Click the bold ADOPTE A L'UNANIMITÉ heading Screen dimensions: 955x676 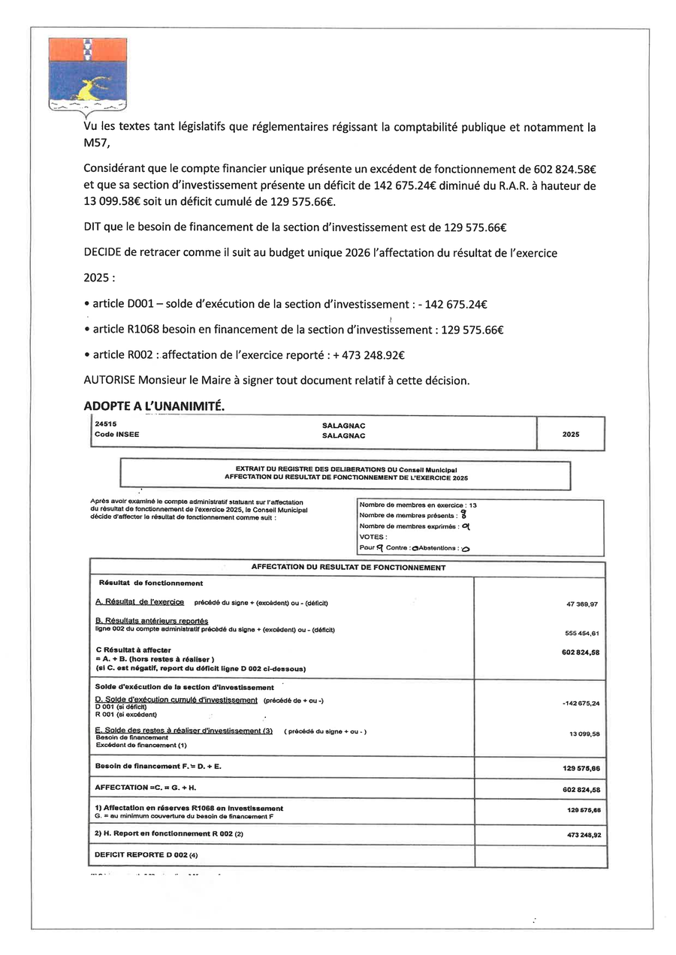[x=154, y=405]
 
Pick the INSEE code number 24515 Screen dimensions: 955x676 [x=105, y=424]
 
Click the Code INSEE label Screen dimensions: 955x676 [x=116, y=435]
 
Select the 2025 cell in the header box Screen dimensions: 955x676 [x=570, y=434]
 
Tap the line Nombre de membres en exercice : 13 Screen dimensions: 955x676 [x=418, y=505]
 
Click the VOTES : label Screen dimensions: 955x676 [x=373, y=537]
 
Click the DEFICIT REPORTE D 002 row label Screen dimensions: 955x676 [x=146, y=855]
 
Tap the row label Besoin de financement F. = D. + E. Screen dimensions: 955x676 [x=158, y=767]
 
